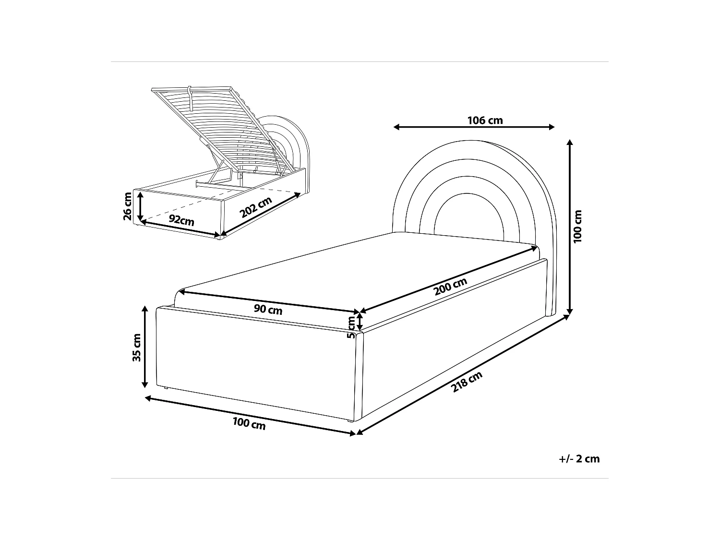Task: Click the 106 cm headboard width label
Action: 485,120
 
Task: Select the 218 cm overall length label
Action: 467,382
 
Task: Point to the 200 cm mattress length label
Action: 450,287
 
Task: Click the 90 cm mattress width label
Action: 268,310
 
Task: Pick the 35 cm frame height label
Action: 137,347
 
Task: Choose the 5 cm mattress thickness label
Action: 351,327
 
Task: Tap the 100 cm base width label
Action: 249,423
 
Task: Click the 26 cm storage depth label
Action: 128,206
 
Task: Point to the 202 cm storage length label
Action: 256,207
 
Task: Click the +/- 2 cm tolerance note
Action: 579,459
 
